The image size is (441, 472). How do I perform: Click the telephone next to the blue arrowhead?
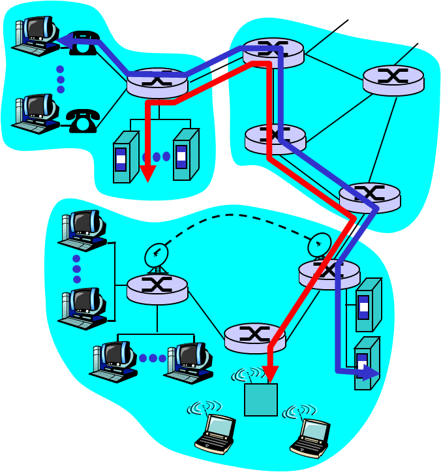tap(85, 44)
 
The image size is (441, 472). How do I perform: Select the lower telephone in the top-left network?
tap(82, 120)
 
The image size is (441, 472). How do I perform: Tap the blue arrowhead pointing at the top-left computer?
tap(65, 42)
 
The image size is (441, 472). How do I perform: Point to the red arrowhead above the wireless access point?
tap(269, 374)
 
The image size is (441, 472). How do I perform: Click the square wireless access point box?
tap(261, 400)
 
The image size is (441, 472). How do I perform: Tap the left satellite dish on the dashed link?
tap(157, 255)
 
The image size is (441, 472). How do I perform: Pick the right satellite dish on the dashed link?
tap(319, 245)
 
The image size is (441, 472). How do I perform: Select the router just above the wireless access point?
tap(254, 337)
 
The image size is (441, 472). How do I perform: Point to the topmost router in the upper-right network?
tap(273, 52)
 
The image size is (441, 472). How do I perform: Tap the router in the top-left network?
tap(157, 82)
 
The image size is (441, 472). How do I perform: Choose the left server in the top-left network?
tap(125, 157)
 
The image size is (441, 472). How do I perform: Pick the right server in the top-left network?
tap(185, 155)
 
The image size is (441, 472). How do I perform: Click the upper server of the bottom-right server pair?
tap(368, 305)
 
